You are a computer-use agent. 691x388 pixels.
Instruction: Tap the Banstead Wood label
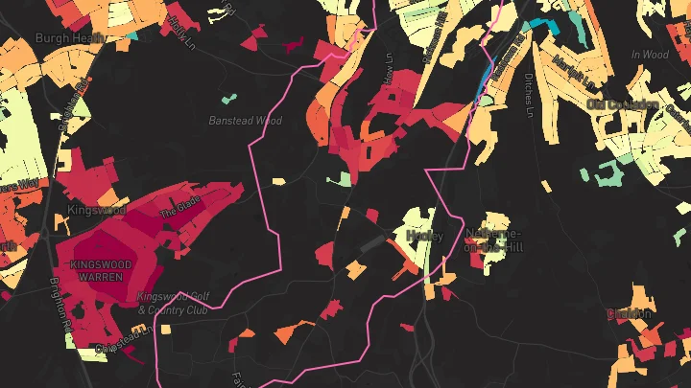246,121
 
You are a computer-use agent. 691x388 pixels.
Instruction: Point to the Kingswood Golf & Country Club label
173,303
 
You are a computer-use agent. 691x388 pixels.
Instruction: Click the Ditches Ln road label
529,96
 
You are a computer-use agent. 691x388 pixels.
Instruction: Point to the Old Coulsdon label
625,103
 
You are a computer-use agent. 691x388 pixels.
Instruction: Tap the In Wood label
649,55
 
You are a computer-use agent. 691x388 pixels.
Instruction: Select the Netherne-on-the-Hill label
493,240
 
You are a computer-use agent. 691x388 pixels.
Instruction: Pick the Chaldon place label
629,313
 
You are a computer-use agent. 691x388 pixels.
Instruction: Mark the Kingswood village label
97,209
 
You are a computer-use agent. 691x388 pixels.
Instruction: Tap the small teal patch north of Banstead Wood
228,98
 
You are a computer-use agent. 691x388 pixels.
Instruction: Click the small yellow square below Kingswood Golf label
165,330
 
